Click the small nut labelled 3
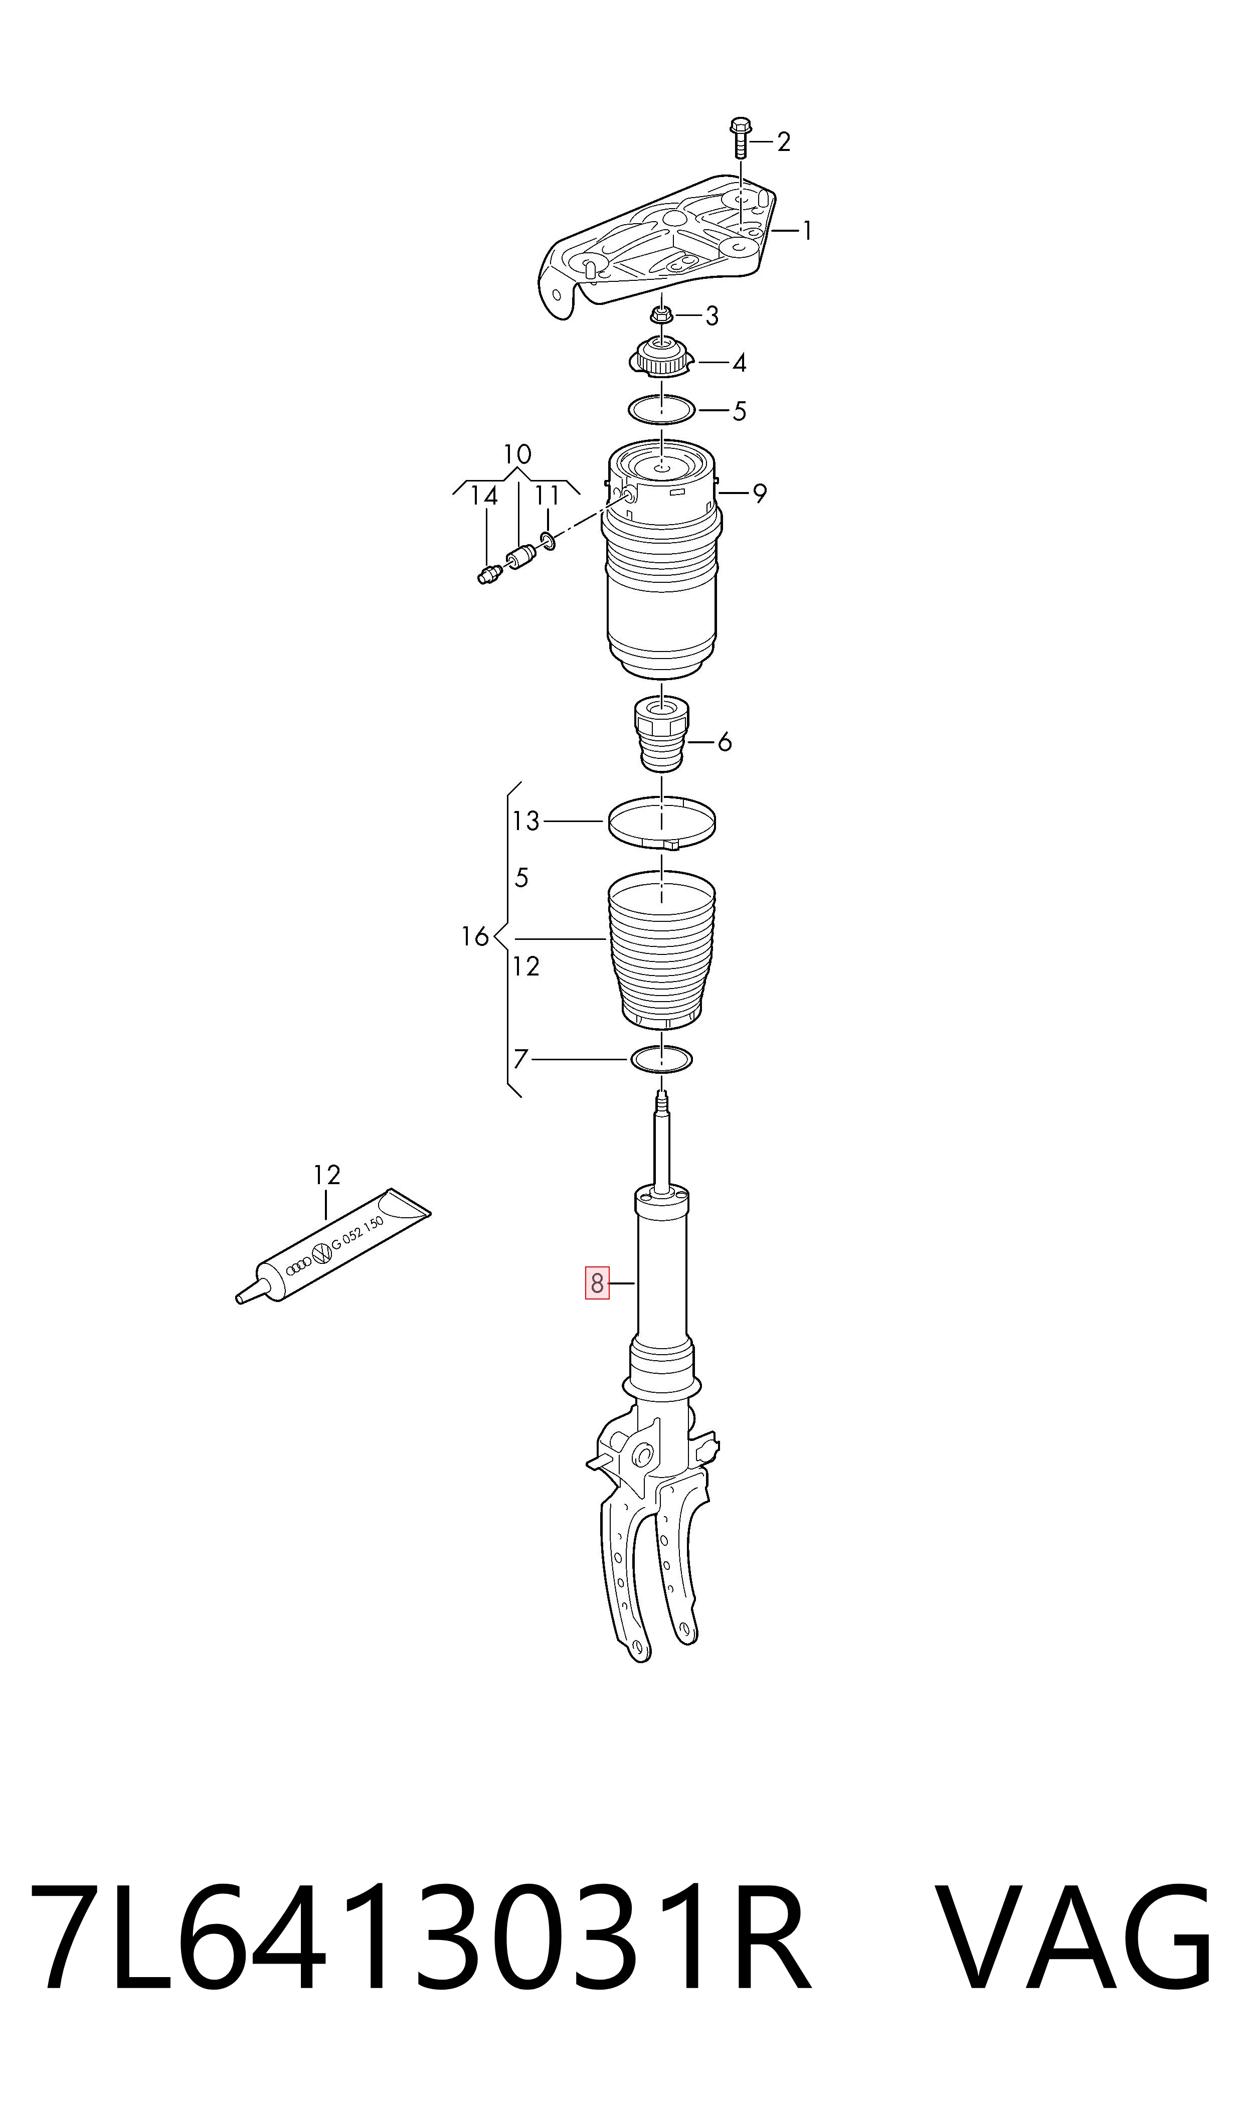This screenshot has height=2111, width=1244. [x=660, y=316]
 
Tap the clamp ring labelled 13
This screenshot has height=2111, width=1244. [x=662, y=823]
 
